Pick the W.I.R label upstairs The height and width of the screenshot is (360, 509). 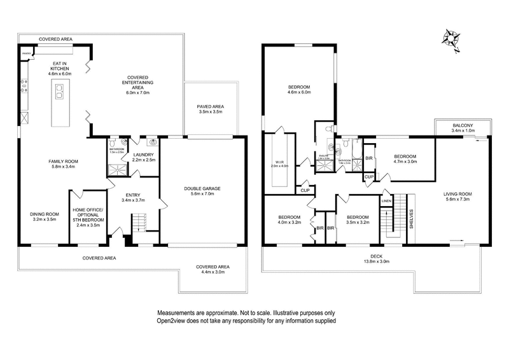point(280,163)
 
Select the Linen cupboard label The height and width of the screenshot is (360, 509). point(386,201)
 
